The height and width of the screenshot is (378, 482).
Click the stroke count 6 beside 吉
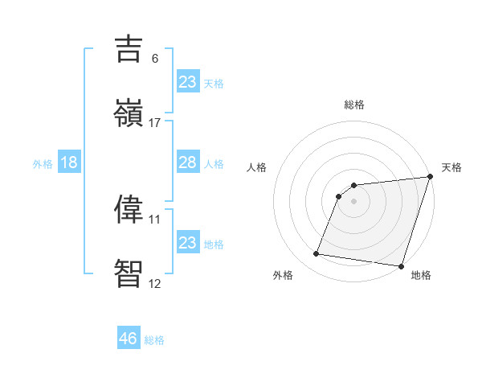[155, 59]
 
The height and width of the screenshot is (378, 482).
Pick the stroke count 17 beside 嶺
[155, 123]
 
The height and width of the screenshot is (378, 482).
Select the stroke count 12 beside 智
[155, 283]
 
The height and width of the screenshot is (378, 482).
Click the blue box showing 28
[187, 162]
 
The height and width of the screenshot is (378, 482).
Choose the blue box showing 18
[69, 162]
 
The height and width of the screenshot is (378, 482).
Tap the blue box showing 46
[129, 339]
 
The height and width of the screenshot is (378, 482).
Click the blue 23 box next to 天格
[187, 82]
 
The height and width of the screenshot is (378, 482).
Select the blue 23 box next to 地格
[187, 243]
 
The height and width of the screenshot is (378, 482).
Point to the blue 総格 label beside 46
[154, 340]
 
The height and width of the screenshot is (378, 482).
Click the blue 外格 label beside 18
[43, 164]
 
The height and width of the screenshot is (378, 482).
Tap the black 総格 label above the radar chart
[353, 105]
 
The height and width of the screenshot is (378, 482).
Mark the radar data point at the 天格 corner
[429, 177]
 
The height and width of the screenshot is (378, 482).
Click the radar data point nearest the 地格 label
[401, 265]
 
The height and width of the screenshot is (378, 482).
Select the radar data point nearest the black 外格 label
[316, 254]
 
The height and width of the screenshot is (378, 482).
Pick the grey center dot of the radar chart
[353, 201]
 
